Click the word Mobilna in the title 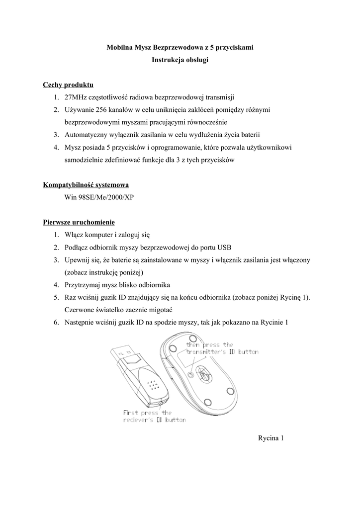coord(120,47)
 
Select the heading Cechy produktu coord(68,85)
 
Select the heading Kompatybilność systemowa coord(86,185)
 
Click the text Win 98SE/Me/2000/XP coord(99,197)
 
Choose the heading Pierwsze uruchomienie coord(79,222)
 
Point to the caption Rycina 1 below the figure coord(270,438)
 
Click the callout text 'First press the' coord(147,413)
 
